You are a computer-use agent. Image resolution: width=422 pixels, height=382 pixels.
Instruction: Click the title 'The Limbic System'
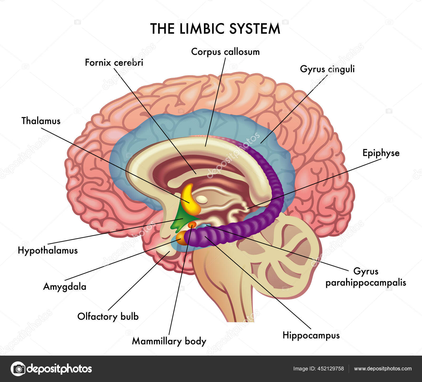(x=215, y=29)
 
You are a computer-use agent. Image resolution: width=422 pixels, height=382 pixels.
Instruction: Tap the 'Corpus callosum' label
(x=225, y=52)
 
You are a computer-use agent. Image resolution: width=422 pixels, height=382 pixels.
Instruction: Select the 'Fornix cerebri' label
(x=114, y=63)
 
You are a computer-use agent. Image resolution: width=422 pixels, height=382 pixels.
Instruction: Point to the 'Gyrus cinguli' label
(x=327, y=69)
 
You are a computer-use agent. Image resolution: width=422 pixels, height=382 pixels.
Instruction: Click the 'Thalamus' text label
(x=41, y=121)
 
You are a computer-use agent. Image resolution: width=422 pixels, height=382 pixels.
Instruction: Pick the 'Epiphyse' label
(x=381, y=153)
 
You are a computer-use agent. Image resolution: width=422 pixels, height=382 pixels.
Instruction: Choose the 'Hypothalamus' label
(x=48, y=250)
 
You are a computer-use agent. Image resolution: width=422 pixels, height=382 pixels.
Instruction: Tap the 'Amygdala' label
(x=65, y=286)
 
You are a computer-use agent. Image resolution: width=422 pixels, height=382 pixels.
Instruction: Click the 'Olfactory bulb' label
(x=108, y=317)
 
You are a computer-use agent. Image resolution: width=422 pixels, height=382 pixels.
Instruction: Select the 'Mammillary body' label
(x=169, y=341)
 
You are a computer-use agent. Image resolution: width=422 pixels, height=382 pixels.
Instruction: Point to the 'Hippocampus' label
(x=311, y=336)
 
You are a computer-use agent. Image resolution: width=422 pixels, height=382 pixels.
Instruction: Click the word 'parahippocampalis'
(x=366, y=283)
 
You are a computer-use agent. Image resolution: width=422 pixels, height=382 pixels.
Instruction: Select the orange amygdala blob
(x=181, y=237)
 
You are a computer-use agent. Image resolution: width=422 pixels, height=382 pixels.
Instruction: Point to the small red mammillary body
(x=192, y=224)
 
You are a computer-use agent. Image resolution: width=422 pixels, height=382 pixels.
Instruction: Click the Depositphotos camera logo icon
(x=18, y=369)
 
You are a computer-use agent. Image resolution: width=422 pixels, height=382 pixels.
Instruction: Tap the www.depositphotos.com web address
(x=383, y=369)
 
